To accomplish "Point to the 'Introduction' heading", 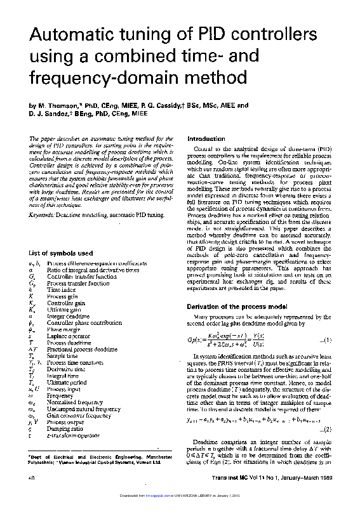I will pos(207,138).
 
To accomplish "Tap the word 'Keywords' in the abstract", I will pos(41,216).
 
